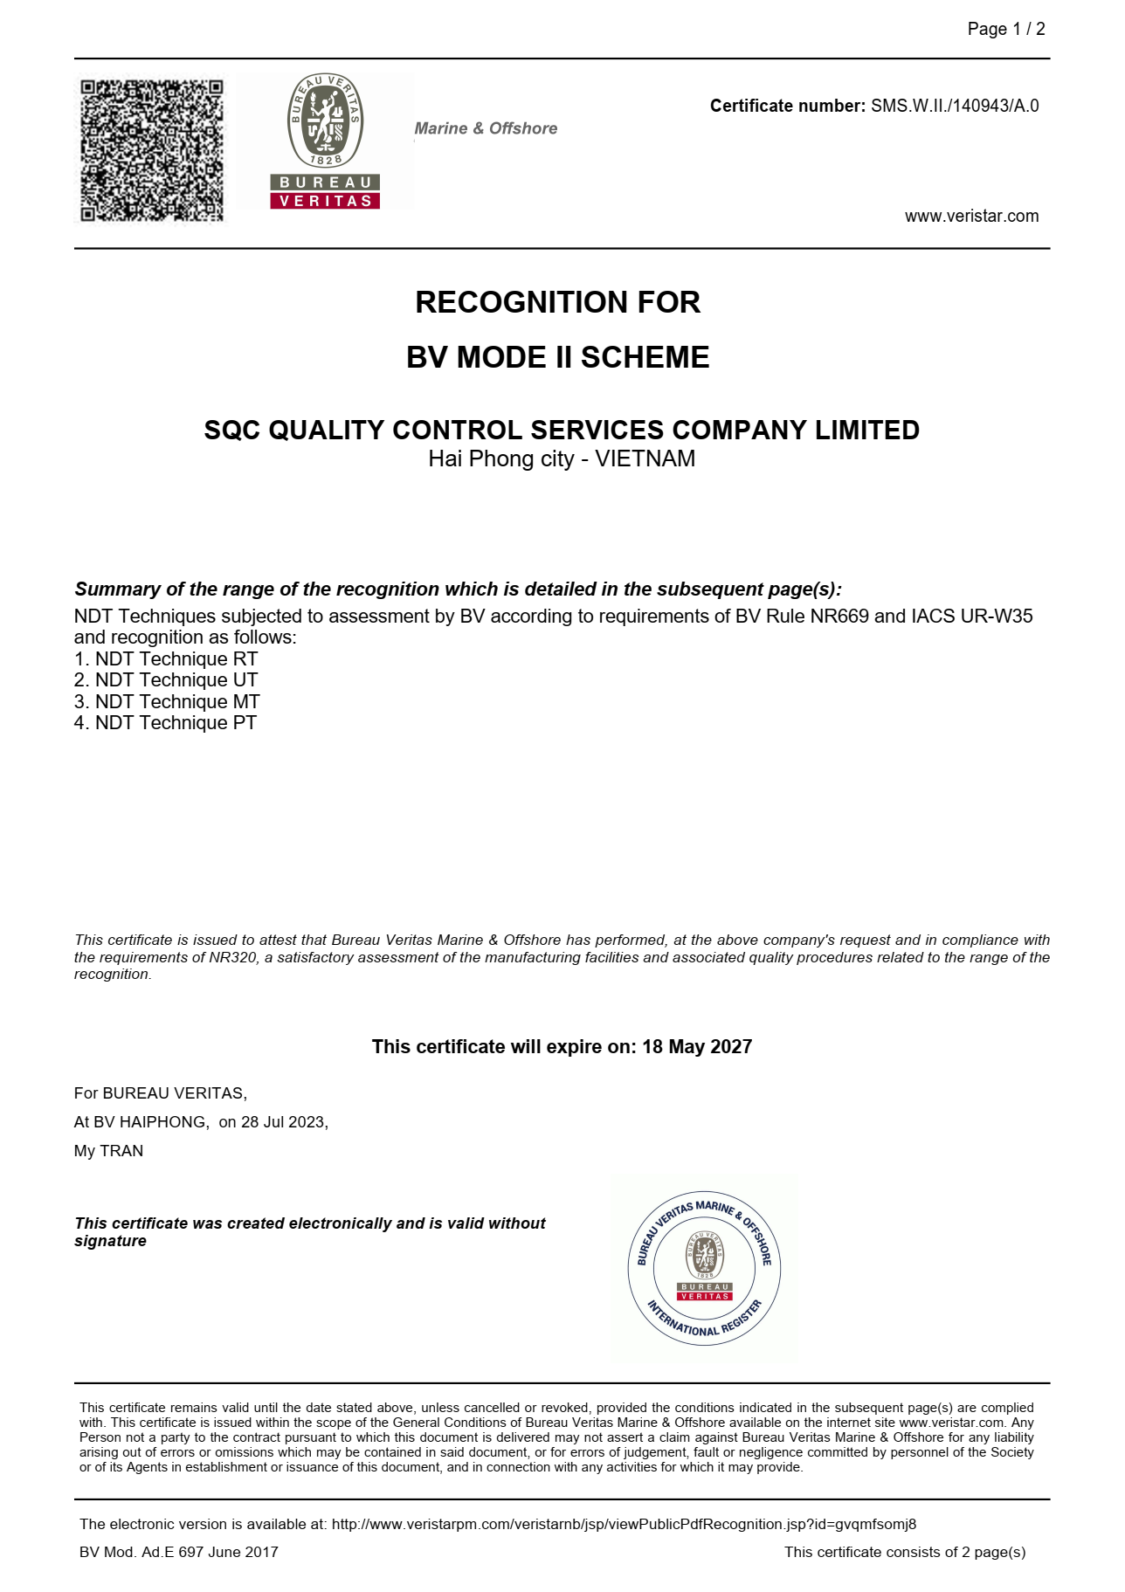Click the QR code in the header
click(x=152, y=150)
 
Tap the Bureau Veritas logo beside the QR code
click(x=325, y=141)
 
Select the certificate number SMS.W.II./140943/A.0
click(x=955, y=107)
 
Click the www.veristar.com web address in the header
click(x=971, y=217)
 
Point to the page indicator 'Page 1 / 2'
click(x=1005, y=30)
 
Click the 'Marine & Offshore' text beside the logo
click(x=486, y=128)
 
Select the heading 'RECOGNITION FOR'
click(x=557, y=302)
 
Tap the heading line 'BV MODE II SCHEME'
click(x=557, y=357)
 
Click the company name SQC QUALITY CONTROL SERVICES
click(x=561, y=430)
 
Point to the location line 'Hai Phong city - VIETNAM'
click(x=561, y=459)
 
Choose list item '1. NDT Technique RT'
click(x=166, y=659)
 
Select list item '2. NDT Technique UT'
click(x=166, y=680)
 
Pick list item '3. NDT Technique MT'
click(x=167, y=702)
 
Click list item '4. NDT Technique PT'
click(x=165, y=723)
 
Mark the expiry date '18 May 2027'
click(x=697, y=1047)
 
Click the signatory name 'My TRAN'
click(x=108, y=1151)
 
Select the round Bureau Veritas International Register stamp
click(x=704, y=1268)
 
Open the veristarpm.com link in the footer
click(x=624, y=1524)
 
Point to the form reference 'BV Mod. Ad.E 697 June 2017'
click(x=179, y=1552)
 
